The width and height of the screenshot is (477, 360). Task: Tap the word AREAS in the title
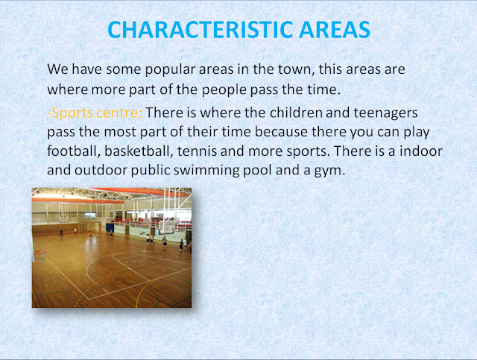(x=335, y=30)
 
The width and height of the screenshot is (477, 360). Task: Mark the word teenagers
(x=385, y=113)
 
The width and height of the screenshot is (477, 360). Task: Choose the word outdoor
(x=101, y=170)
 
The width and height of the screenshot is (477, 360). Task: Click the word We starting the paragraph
(x=58, y=69)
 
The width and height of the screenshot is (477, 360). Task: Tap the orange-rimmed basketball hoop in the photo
(x=40, y=252)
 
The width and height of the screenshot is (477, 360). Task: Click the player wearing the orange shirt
(x=90, y=234)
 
